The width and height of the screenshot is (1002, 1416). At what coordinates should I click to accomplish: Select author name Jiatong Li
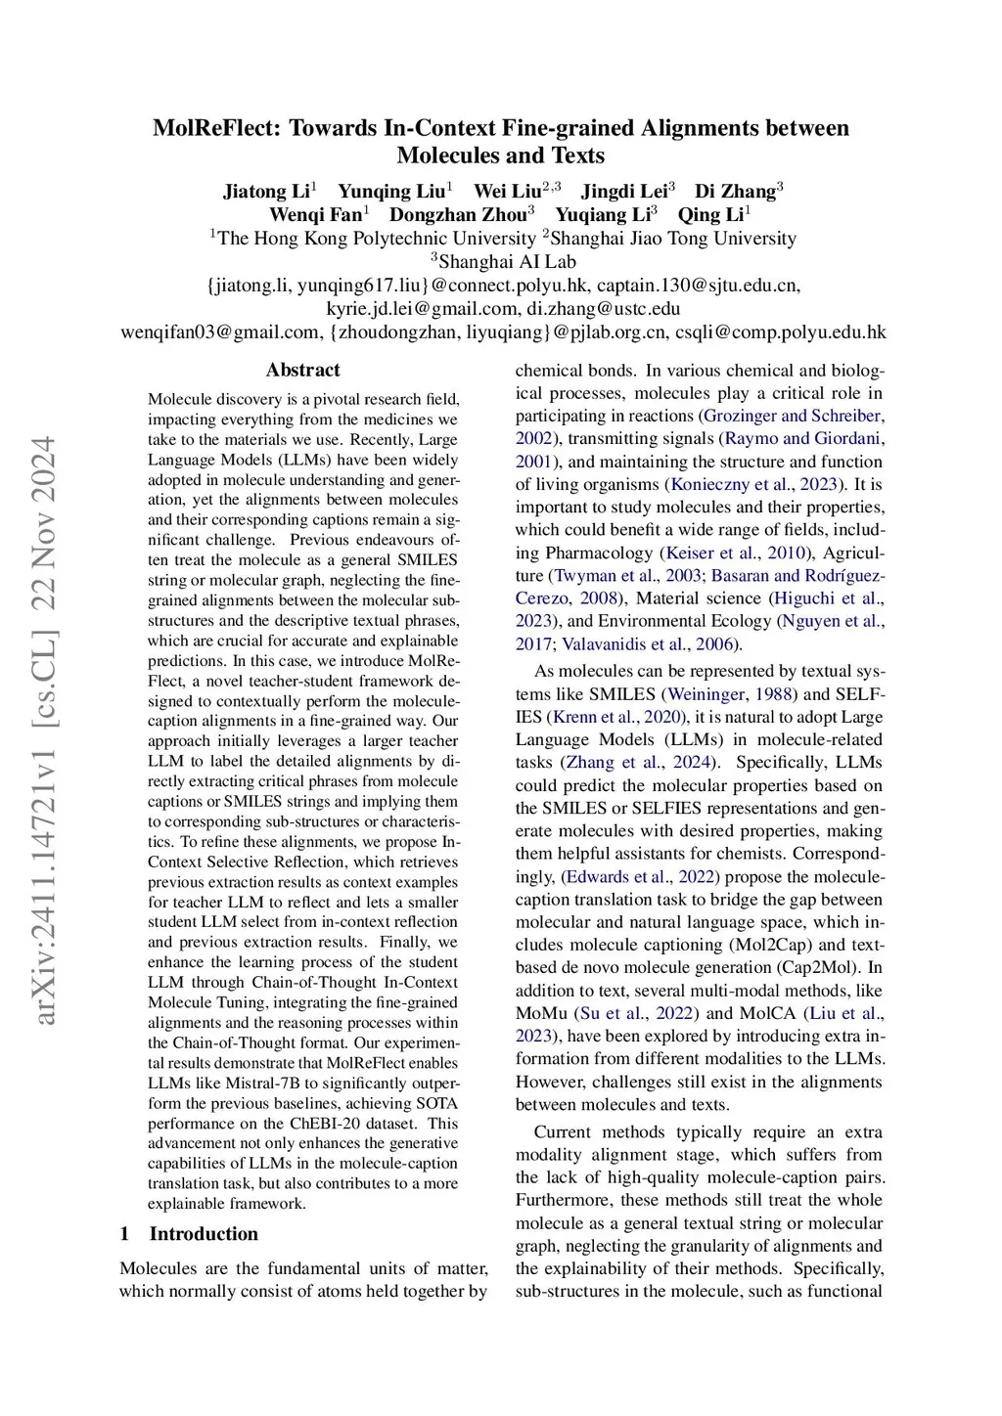coord(266,191)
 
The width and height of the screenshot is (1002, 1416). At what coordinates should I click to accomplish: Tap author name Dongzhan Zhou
coord(458,215)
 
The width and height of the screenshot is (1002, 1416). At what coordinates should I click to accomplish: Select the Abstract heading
coord(303,370)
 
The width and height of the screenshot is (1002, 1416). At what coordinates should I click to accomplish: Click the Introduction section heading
coord(204,1234)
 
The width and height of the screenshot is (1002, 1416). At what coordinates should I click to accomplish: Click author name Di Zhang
coord(735,191)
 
